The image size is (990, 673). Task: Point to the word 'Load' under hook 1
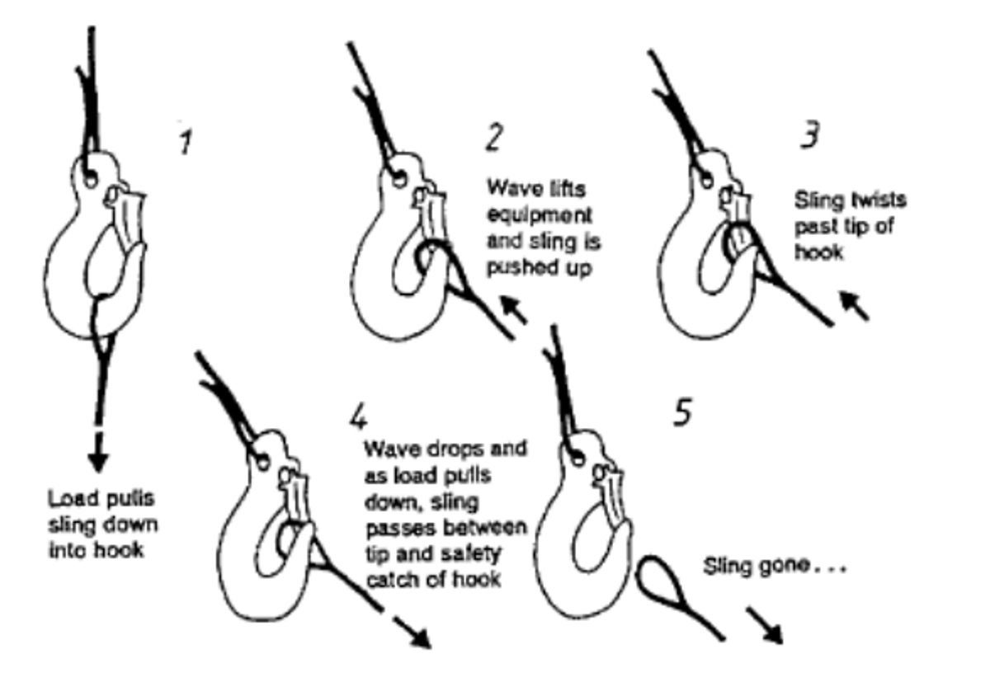69,500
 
